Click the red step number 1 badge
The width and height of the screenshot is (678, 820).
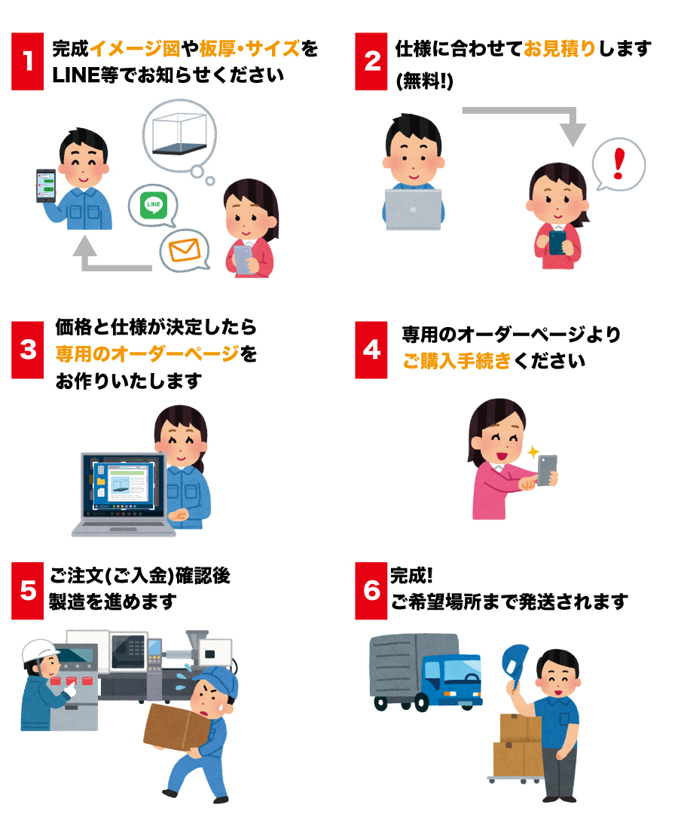point(29,61)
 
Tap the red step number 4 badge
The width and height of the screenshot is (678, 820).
point(371,349)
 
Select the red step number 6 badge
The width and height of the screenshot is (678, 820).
point(371,590)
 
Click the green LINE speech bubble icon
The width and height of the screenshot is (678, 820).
point(153,203)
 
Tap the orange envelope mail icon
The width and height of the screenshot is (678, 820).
point(184,249)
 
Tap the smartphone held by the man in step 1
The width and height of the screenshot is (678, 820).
point(46,185)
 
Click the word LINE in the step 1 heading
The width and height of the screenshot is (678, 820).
point(70,78)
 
